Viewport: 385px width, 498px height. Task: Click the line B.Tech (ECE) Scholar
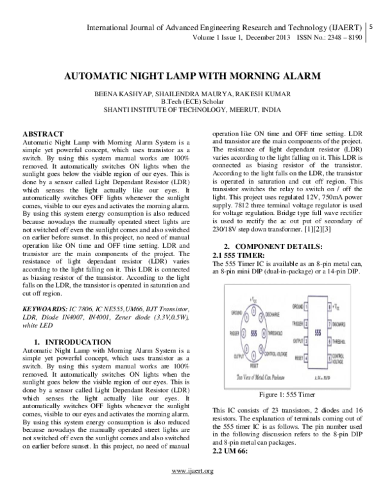pyautogui.click(x=193, y=101)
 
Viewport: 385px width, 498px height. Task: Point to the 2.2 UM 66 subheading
pyautogui.click(x=229, y=451)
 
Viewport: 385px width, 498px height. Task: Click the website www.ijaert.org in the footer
pyautogui.click(x=193, y=489)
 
